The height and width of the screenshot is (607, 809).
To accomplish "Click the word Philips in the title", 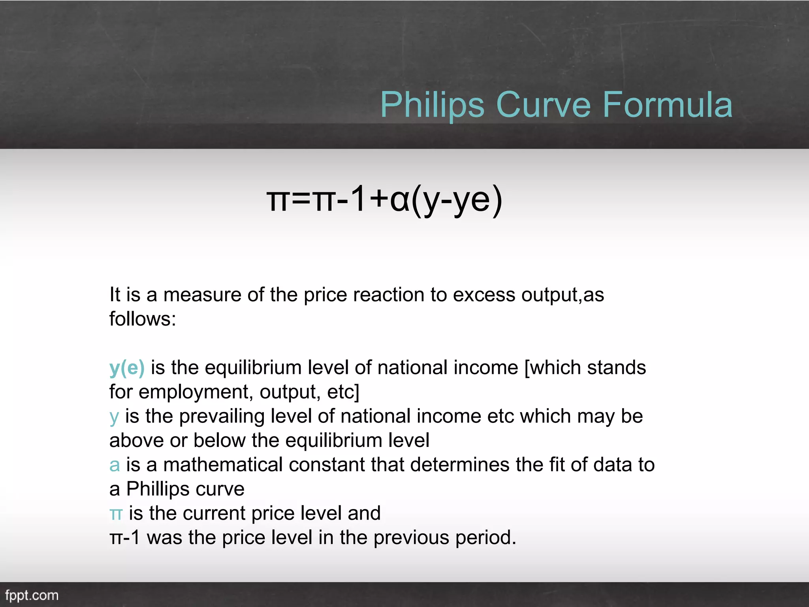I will [432, 105].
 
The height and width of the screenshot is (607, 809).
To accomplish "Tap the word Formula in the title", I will [667, 105].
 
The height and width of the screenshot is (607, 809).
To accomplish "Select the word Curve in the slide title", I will [543, 105].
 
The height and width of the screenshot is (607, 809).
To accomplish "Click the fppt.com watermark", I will [32, 595].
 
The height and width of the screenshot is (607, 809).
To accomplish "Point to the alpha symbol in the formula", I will [399, 200].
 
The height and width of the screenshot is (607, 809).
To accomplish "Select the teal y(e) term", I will [127, 368].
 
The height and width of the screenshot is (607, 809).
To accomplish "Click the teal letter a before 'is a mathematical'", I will [115, 465].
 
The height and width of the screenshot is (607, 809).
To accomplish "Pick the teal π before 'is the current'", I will [116, 514].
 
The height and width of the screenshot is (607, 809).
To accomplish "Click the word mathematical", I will [223, 465].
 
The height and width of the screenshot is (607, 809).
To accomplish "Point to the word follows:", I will [143, 319].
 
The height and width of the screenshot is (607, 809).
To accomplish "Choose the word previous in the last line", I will [411, 538].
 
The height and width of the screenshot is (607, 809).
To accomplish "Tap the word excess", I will [484, 295].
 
